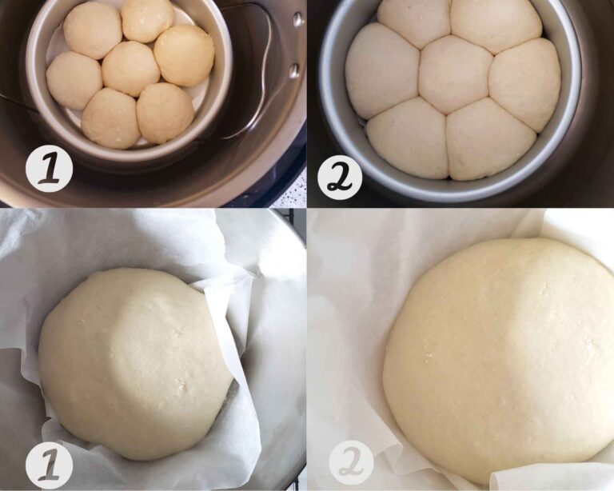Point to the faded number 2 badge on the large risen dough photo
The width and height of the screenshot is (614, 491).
(349, 463)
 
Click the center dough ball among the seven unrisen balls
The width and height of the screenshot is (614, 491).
(131, 68)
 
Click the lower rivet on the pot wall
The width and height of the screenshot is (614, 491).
(293, 70)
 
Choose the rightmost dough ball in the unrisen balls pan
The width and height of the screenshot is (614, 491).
(184, 54)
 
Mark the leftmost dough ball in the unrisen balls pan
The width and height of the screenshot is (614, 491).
(74, 80)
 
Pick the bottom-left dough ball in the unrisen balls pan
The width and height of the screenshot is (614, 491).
(111, 118)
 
